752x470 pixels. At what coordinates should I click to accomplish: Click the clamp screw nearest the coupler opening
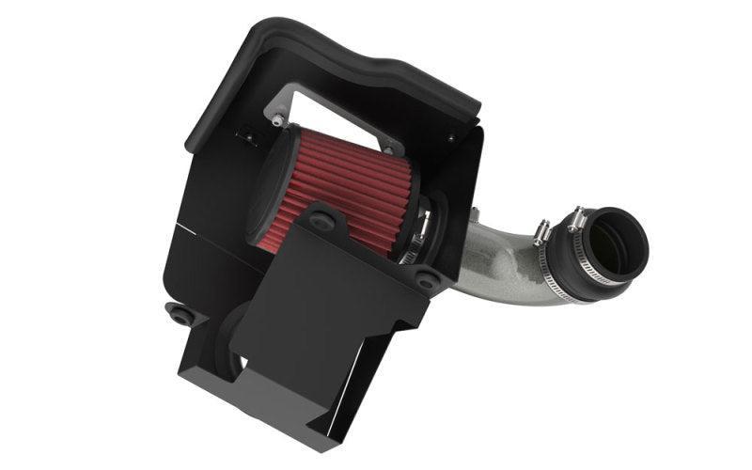pos(575,222)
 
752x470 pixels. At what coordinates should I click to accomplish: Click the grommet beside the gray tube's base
pos(427,279)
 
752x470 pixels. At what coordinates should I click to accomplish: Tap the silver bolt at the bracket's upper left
pos(276,119)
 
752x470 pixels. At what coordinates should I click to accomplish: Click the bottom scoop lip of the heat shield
pos(282,414)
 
